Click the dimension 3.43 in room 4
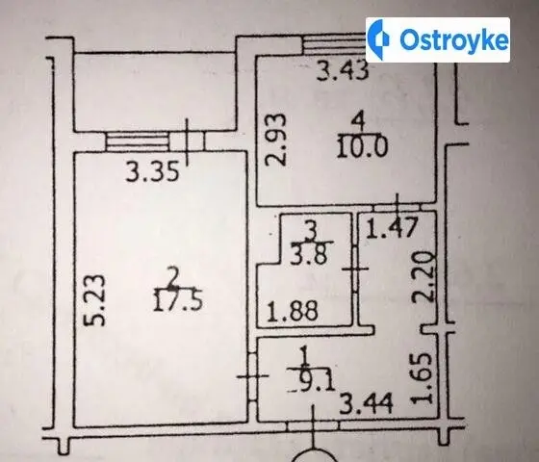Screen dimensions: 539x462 coord(343,71)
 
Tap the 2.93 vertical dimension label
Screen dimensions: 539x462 coord(276,140)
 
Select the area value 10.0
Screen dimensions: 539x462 coord(362,147)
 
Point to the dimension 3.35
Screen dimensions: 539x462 coord(152,172)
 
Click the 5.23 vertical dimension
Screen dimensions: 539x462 coord(94,299)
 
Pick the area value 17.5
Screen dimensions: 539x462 coord(178,300)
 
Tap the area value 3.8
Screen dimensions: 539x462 coord(308,254)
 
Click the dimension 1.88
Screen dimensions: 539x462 coord(293,311)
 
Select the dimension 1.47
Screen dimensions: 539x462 coord(392,227)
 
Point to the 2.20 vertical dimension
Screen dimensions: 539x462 coord(423,277)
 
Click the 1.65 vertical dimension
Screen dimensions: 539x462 coord(422,378)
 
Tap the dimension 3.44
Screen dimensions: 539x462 coord(366,404)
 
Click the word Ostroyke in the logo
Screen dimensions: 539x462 coord(453,39)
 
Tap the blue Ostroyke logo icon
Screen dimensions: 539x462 coord(377,39)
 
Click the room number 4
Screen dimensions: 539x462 coord(358,122)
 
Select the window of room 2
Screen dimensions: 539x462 coord(137,141)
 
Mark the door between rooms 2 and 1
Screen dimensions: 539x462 coord(252,376)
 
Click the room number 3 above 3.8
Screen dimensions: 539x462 coord(312,231)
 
